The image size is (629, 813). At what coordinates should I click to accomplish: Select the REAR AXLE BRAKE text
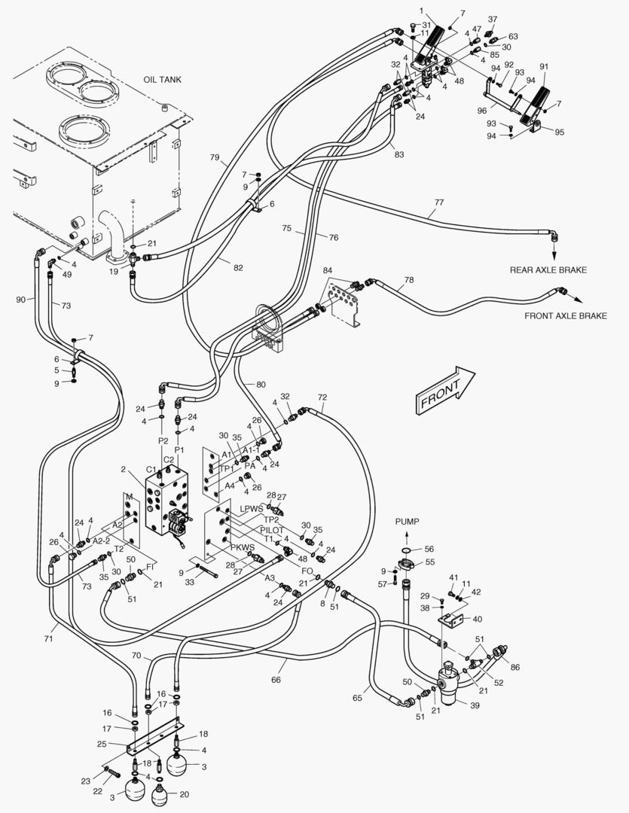pyautogui.click(x=548, y=270)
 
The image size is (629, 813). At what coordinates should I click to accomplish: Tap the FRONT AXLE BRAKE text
pyautogui.click(x=565, y=316)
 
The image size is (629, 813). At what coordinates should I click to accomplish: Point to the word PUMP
pyautogui.click(x=407, y=521)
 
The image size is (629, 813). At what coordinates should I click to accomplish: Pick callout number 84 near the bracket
pyautogui.click(x=327, y=270)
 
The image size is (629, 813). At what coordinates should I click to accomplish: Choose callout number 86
pyautogui.click(x=514, y=667)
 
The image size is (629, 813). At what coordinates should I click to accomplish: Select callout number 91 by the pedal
pyautogui.click(x=544, y=66)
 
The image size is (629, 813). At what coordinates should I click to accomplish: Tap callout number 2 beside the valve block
pyautogui.click(x=122, y=469)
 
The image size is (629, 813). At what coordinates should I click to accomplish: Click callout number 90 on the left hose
pyautogui.click(x=22, y=300)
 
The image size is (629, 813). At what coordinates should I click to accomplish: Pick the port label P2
pyautogui.click(x=162, y=440)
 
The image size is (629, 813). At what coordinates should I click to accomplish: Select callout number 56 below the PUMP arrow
pyautogui.click(x=429, y=550)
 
